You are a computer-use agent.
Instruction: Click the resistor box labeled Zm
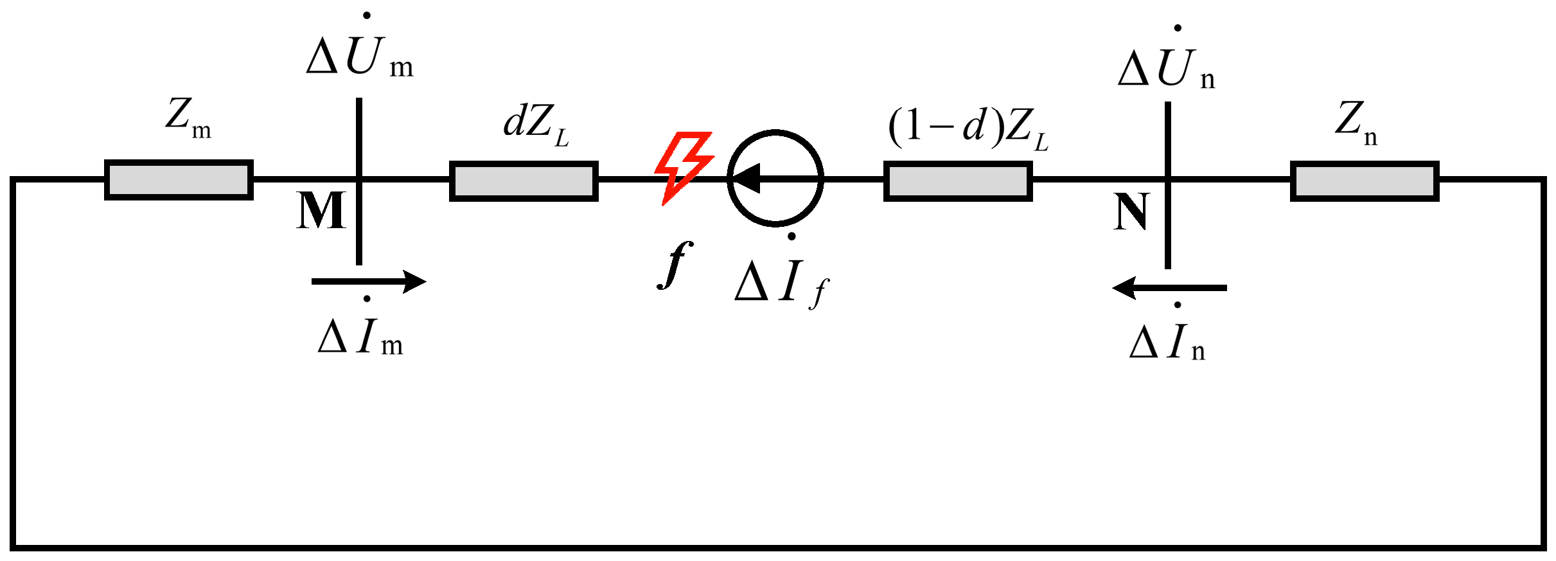coord(179,180)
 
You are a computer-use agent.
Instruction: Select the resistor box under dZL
coord(524,181)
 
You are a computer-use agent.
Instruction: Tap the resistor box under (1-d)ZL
coord(958,181)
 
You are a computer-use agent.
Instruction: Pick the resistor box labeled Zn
coord(1365,181)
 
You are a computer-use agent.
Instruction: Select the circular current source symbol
coord(775,178)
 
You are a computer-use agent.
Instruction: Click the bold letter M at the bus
coord(321,211)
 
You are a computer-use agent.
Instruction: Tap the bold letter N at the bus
coord(1131,212)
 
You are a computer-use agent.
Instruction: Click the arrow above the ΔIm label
coord(369,281)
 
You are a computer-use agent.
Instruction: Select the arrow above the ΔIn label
coord(1169,288)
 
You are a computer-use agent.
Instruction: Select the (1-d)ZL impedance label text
coord(968,127)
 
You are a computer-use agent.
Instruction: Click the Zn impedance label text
coord(1356,122)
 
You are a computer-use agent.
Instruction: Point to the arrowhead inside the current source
coord(747,178)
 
